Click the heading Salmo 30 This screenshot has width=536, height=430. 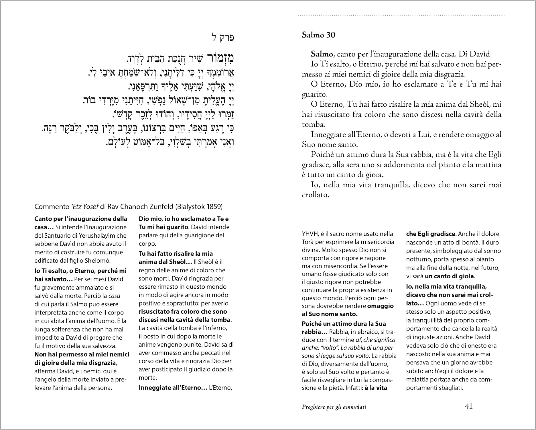[x=318, y=35]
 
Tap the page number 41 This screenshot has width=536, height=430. [x=469, y=406]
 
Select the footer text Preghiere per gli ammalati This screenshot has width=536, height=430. [x=334, y=407]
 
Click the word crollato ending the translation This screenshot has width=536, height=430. [x=315, y=195]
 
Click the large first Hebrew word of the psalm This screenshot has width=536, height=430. [x=220, y=58]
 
